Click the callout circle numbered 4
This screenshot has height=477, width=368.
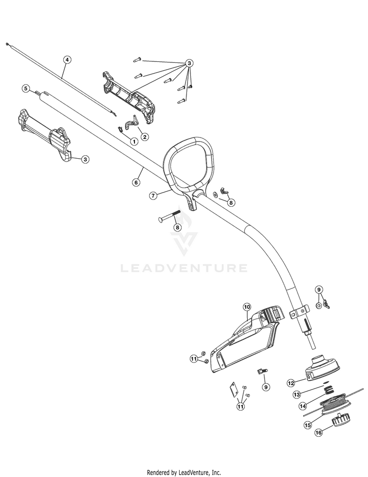coord(67,59)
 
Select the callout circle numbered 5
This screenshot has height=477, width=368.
coord(26,88)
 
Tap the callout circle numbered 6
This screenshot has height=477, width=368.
coord(136,182)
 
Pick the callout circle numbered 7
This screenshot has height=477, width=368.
coord(153,196)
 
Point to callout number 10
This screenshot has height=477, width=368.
coord(246,307)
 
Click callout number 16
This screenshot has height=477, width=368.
coord(318,432)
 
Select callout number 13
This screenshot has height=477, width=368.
coord(296,395)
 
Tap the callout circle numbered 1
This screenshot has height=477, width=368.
coord(134,141)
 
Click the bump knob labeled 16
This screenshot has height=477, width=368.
coord(341,421)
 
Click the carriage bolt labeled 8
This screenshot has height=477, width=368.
coord(169,216)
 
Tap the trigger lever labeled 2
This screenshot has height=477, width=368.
coord(131,121)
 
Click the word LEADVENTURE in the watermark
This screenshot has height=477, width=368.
coord(184,268)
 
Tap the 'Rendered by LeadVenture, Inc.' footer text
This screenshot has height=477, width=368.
coord(184,473)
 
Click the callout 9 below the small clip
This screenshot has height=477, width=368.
coord(266,387)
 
